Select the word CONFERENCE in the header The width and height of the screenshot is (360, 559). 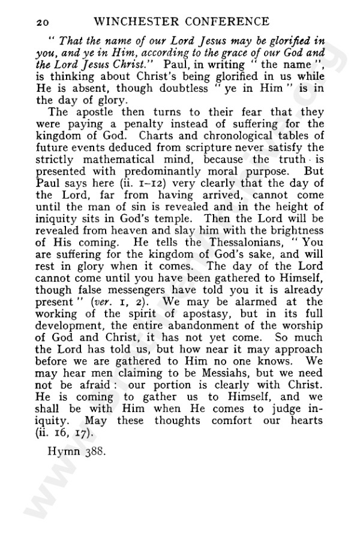226,22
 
